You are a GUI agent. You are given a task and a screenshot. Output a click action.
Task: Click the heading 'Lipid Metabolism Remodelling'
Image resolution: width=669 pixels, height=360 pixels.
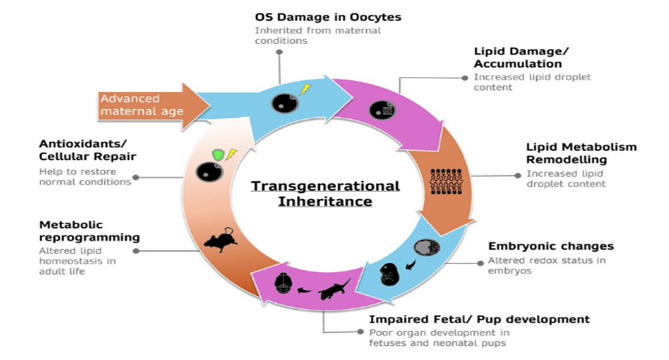click(581, 153)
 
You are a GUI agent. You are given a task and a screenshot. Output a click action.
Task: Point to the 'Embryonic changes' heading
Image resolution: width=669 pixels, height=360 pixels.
click(551, 246)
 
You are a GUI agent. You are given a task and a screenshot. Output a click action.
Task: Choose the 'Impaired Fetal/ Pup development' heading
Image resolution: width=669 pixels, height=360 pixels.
click(480, 319)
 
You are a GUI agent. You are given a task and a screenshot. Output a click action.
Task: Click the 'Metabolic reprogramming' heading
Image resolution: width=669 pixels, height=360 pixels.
click(89, 230)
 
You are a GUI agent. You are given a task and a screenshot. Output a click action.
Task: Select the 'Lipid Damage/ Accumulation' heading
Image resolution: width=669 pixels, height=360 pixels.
click(518, 58)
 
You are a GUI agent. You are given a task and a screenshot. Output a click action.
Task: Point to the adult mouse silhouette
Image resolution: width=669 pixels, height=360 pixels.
click(221, 241)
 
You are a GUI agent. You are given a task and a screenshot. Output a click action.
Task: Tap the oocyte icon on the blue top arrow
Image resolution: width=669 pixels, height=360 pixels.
click(281, 103)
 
